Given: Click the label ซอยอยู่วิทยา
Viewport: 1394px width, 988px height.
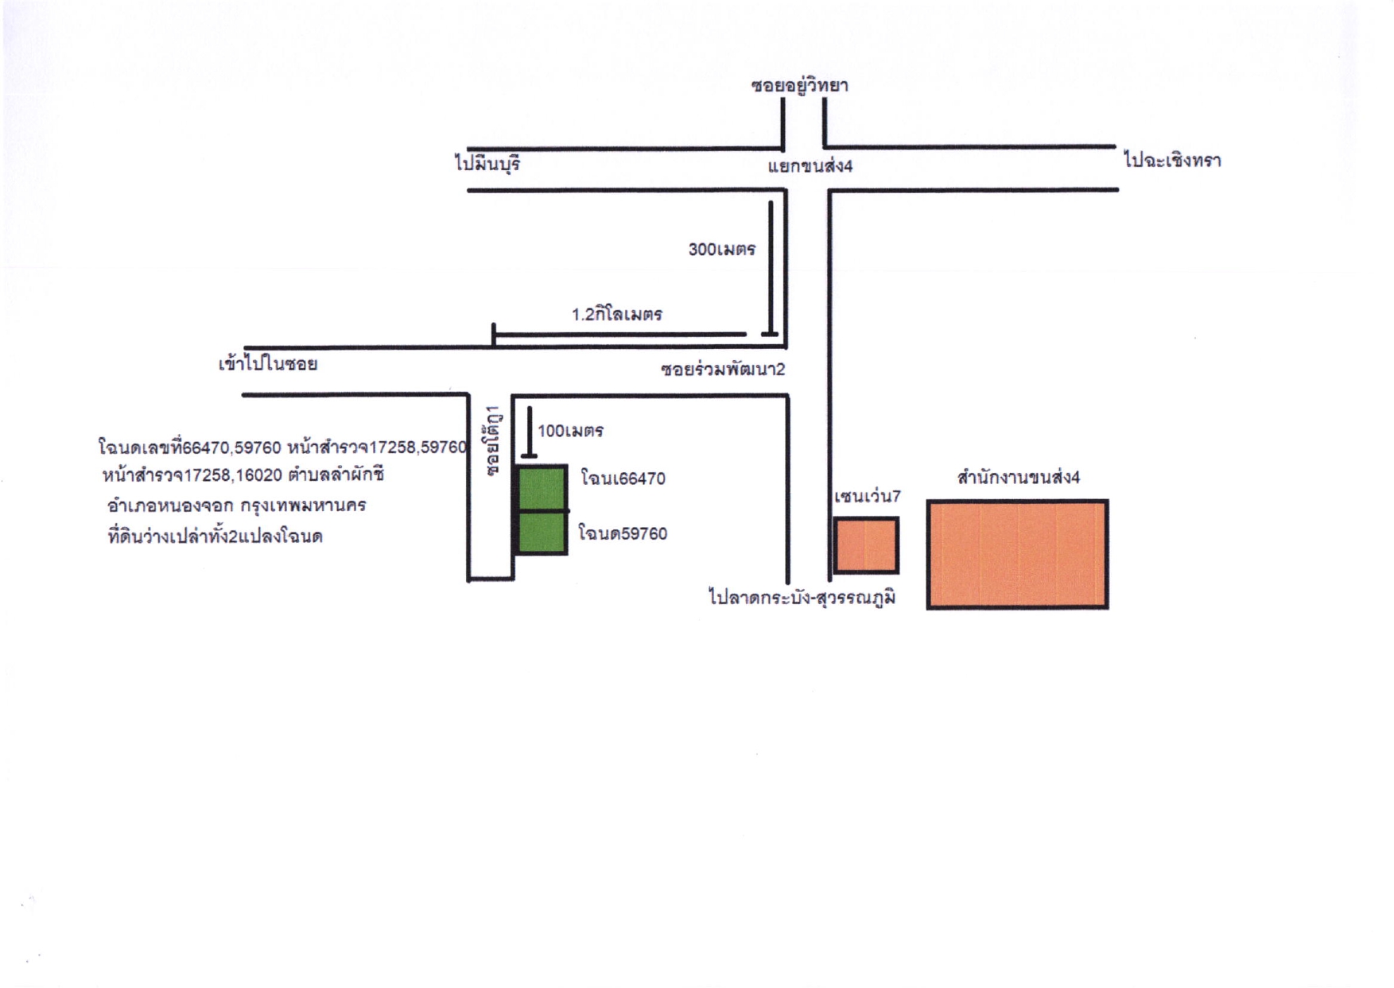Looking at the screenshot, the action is click(x=799, y=86).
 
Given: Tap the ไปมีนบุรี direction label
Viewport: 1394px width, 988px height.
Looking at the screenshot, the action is click(x=487, y=164).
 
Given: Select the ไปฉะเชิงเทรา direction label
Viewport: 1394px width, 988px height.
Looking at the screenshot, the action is click(x=1172, y=160).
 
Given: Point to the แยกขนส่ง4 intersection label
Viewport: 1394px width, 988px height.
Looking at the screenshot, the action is click(x=810, y=165).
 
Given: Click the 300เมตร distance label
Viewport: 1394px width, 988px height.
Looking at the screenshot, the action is click(x=721, y=249).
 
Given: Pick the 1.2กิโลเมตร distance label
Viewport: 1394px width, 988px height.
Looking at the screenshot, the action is click(x=617, y=314).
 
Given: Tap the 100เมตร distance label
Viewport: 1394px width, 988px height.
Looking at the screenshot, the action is click(x=570, y=431).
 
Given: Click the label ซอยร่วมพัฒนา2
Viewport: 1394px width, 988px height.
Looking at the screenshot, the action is click(x=723, y=369).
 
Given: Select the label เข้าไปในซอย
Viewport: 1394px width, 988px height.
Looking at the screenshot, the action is click(x=268, y=364).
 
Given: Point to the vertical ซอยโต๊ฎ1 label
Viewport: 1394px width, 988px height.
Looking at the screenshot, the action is click(x=494, y=440).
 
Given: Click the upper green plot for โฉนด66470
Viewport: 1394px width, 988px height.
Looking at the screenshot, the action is click(x=542, y=487).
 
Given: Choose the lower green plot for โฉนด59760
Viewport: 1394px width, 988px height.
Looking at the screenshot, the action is click(x=542, y=532).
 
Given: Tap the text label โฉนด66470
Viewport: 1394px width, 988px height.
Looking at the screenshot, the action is click(x=623, y=478).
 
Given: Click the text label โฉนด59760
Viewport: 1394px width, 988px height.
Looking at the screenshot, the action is click(x=623, y=533).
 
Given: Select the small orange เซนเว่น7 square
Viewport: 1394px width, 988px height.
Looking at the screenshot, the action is click(x=866, y=545).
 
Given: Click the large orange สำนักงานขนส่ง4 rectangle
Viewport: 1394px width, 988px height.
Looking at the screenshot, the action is click(x=1017, y=554).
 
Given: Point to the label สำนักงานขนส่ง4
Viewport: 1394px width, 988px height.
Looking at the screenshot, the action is click(x=1019, y=477).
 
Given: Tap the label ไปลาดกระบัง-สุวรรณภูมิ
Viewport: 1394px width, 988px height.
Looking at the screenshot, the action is click(x=802, y=597).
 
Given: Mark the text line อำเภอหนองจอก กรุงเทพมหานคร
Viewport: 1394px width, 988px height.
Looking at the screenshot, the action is click(x=236, y=506).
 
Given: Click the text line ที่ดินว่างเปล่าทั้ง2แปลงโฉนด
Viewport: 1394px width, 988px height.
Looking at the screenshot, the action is click(x=215, y=536).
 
